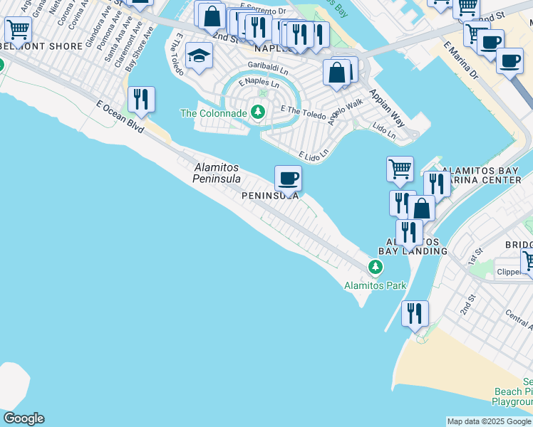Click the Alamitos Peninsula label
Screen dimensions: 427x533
(x=217, y=172)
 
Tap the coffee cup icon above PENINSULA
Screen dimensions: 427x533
(x=288, y=178)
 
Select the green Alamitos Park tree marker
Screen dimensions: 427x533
(x=376, y=267)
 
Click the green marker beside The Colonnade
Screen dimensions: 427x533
(x=257, y=112)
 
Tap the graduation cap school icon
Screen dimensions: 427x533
(x=200, y=55)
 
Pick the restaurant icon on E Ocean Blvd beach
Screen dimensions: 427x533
(x=141, y=99)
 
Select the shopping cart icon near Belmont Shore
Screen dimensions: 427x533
(x=17, y=31)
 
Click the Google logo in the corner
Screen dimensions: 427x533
(x=24, y=418)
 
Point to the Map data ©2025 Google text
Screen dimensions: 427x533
(x=489, y=421)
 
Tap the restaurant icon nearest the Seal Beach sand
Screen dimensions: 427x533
(x=413, y=313)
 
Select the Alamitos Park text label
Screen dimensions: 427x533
(x=375, y=285)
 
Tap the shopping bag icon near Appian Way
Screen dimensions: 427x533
(x=337, y=73)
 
